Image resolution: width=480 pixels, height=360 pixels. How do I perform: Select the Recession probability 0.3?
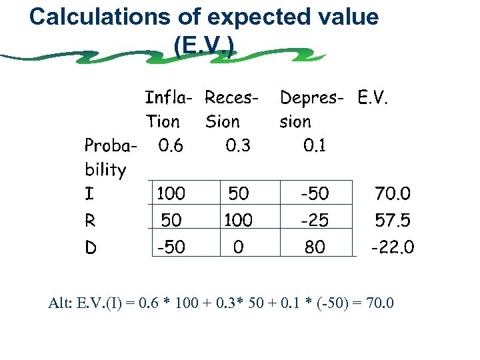pos(238,145)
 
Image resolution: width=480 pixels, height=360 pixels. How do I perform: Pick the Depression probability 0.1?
pos(314,145)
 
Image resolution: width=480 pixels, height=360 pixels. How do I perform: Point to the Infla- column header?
pos(169,99)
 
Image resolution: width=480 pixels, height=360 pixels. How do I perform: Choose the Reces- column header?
pos(231,99)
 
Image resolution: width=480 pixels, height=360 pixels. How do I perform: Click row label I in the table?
pos(89,195)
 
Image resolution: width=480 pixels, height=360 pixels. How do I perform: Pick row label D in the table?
pos(91,247)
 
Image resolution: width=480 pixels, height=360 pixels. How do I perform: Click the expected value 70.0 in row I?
pos(393,195)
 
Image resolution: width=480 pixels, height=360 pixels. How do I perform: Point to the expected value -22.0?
pos(392,247)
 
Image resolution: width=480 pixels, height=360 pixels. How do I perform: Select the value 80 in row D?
pos(315,247)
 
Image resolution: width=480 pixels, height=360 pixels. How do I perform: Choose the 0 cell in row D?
pos(238,247)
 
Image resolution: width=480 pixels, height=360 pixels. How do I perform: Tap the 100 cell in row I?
pos(171,195)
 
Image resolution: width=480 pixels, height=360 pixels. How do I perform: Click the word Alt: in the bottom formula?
pos(62,304)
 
